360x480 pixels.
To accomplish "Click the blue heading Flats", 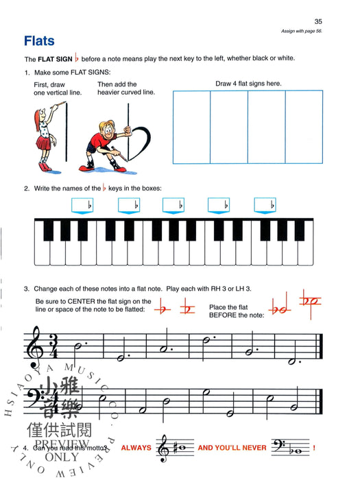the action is pos(39,40).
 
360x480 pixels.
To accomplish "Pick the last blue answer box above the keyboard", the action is pos(265,204).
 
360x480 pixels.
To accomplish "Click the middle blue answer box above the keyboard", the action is pos(173,204).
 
